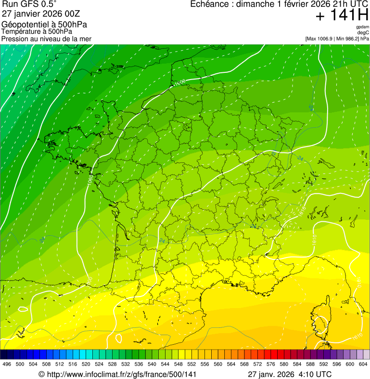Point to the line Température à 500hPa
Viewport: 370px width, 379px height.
pos(37,32)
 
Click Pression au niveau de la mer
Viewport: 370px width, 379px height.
pos(46,39)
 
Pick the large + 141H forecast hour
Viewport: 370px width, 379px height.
pos(342,15)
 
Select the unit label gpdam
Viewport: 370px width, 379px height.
pos(362,27)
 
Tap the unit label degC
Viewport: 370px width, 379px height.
pos(363,33)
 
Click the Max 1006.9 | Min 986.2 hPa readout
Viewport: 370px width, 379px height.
pos(337,39)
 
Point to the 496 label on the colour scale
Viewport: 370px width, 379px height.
pos(7,364)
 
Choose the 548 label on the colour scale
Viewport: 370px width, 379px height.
pos(178,364)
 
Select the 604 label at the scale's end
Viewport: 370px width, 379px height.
pos(363,364)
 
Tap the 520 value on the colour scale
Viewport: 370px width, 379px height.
pos(86,364)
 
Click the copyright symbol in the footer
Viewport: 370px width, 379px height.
pos(41,374)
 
